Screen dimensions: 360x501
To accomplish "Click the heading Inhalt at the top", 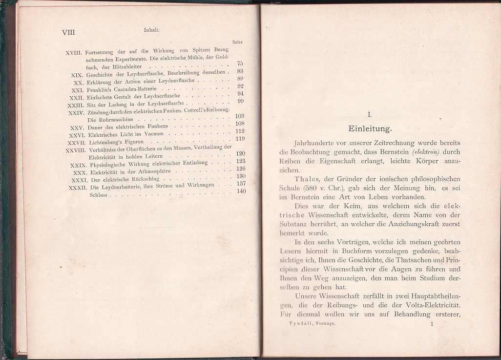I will click(152, 30).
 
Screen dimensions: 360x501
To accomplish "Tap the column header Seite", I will click(238, 42).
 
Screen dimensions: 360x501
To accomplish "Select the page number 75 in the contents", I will click(240, 64).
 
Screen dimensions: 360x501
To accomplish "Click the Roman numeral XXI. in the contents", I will click(77, 90).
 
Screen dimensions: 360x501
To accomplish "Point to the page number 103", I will click(239, 116).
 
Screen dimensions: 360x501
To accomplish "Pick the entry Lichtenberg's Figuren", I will click(109, 142).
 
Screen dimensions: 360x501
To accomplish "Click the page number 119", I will click(240, 139).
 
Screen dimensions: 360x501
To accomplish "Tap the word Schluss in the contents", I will click(99, 195).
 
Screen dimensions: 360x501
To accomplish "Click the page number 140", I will click(241, 191).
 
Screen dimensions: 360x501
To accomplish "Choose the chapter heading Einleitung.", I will click(370, 129).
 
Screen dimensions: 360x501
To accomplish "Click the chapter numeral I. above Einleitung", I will click(370, 115).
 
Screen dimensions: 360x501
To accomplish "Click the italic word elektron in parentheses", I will click(427, 152).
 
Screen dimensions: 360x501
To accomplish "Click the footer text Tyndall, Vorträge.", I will click(312, 323).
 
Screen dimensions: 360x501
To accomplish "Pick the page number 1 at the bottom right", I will click(432, 323).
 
